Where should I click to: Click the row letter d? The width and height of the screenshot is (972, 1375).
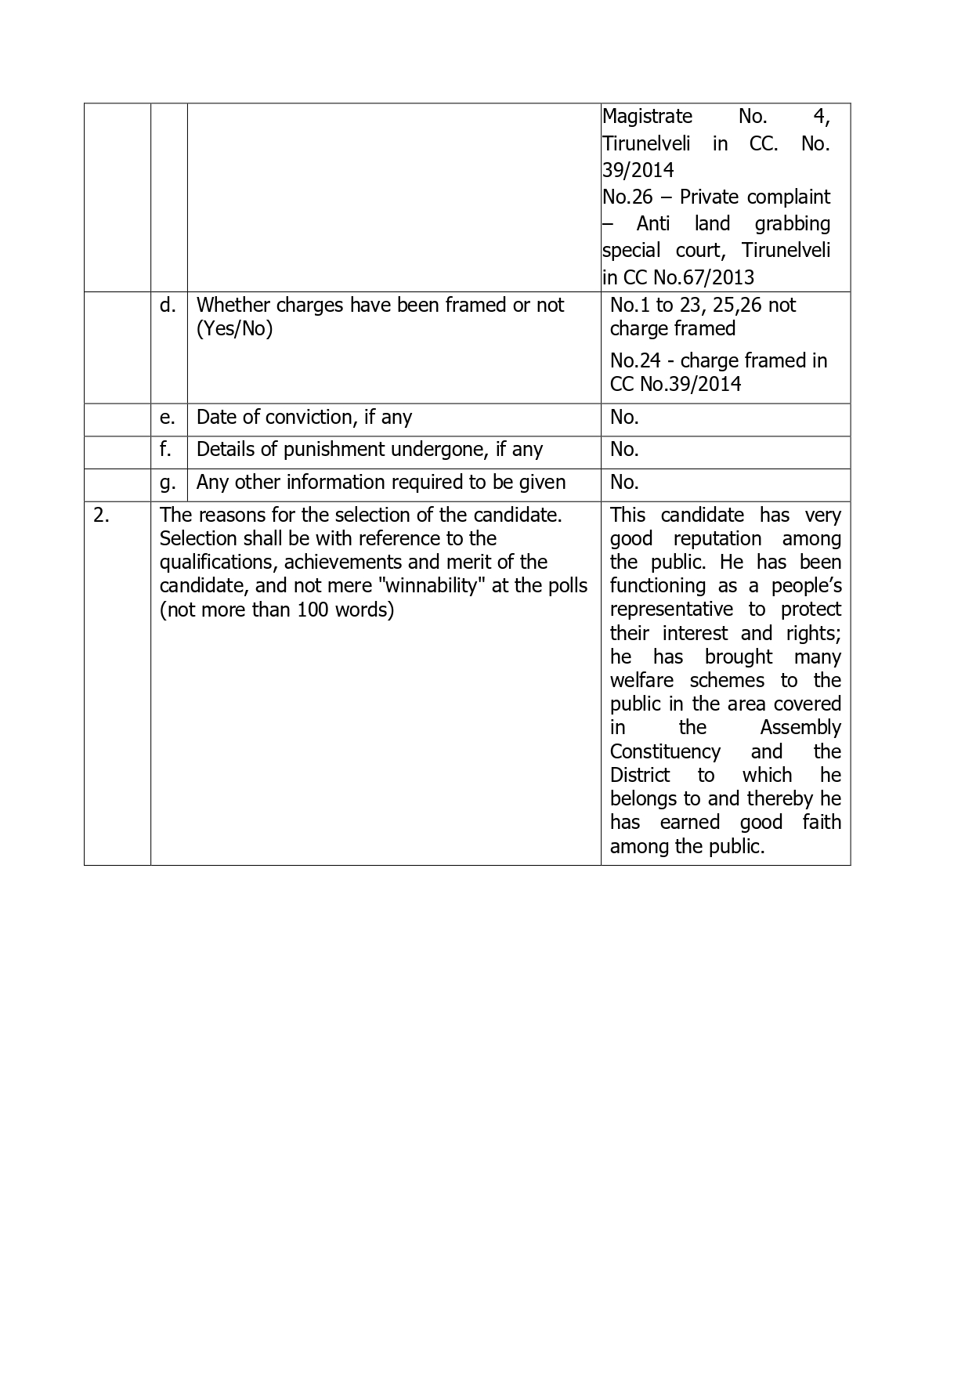click(168, 305)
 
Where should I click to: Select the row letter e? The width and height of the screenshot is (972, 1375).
click(168, 418)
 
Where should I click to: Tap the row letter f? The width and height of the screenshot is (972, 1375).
click(166, 449)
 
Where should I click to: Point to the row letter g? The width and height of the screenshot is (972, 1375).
click(168, 483)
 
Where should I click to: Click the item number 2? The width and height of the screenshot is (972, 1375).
click(100, 515)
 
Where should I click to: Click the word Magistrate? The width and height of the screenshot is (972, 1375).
click(647, 117)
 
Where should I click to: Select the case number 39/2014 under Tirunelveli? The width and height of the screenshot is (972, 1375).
click(638, 170)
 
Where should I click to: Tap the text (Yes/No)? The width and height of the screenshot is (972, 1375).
click(234, 329)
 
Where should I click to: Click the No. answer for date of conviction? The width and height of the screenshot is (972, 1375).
click(624, 418)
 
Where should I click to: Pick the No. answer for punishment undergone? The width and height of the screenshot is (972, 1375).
click(624, 449)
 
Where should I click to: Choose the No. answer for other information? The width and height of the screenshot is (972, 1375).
click(624, 482)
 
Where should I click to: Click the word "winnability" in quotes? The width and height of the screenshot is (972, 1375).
click(430, 586)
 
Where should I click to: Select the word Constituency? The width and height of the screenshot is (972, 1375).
click(665, 752)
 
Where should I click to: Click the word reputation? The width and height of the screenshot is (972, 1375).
click(717, 539)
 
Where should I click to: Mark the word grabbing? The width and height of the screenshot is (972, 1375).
click(792, 224)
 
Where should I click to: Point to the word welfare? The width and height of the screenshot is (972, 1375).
click(641, 681)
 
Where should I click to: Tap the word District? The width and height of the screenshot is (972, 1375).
click(640, 776)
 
